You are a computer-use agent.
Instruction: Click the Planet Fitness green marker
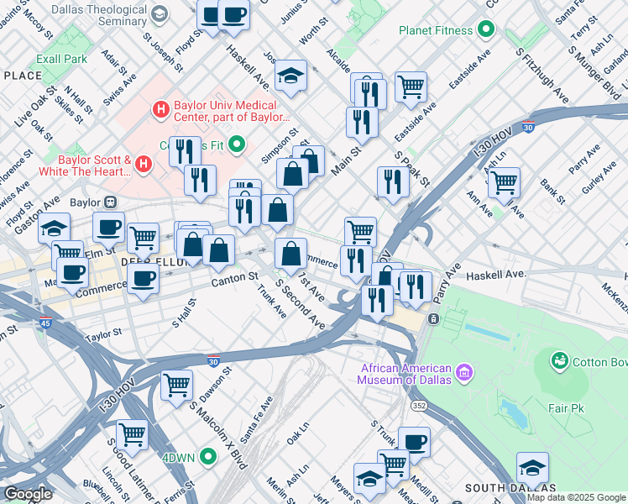pos(484,30)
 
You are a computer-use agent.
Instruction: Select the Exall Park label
pos(61,60)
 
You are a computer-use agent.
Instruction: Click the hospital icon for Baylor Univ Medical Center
pos(160,108)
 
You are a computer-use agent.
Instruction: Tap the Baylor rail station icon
pos(109,202)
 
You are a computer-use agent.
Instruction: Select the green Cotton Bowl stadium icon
pos(559,361)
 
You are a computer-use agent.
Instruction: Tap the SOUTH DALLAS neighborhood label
pos(510,488)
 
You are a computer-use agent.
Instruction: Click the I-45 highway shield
pos(44,323)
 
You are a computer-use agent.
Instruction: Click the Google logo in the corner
pos(27,494)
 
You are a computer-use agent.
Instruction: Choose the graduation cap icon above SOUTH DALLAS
pos(532,467)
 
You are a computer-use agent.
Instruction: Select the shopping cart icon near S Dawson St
pos(177,386)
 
